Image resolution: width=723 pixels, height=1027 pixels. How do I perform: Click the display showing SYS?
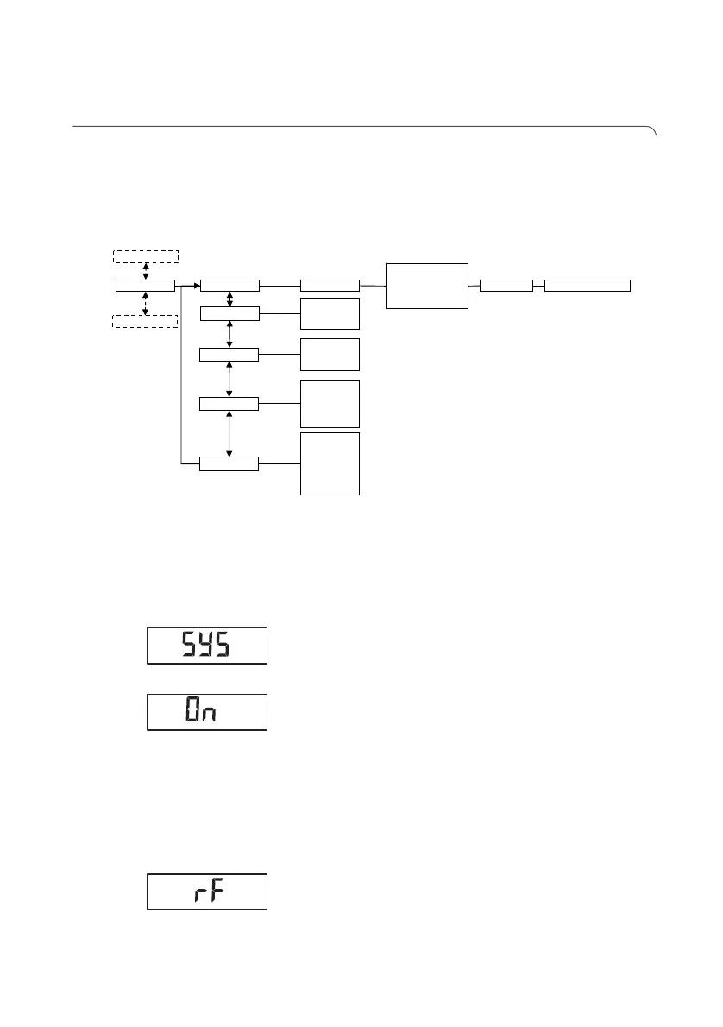click(207, 646)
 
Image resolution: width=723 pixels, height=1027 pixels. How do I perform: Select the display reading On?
click(207, 713)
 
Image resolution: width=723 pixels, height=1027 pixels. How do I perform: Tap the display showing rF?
click(207, 892)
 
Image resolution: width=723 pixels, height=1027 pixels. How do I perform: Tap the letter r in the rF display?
click(198, 894)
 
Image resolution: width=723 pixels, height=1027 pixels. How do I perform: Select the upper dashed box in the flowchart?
click(145, 255)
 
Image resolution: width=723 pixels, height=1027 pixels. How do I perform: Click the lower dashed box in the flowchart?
click(145, 322)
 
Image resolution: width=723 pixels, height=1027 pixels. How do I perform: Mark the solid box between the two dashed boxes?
click(145, 286)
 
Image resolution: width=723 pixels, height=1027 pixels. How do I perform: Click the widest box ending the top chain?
click(588, 286)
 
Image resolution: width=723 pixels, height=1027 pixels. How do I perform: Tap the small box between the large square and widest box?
click(506, 286)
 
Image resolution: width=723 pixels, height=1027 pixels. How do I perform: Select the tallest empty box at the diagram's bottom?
click(330, 463)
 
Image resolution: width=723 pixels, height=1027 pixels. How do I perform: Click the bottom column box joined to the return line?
click(229, 464)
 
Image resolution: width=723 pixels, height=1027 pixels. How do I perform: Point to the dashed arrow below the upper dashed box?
click(145, 270)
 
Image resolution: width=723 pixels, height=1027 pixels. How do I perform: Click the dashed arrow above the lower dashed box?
click(145, 304)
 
